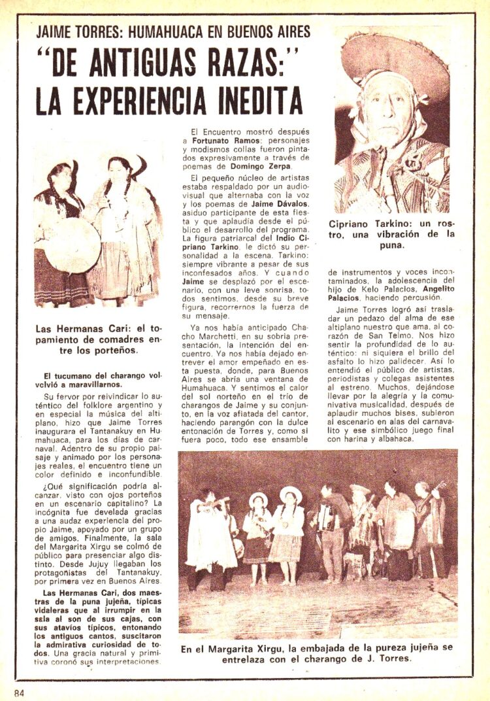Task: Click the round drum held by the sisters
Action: click(73, 245)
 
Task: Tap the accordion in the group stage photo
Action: click(325, 517)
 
